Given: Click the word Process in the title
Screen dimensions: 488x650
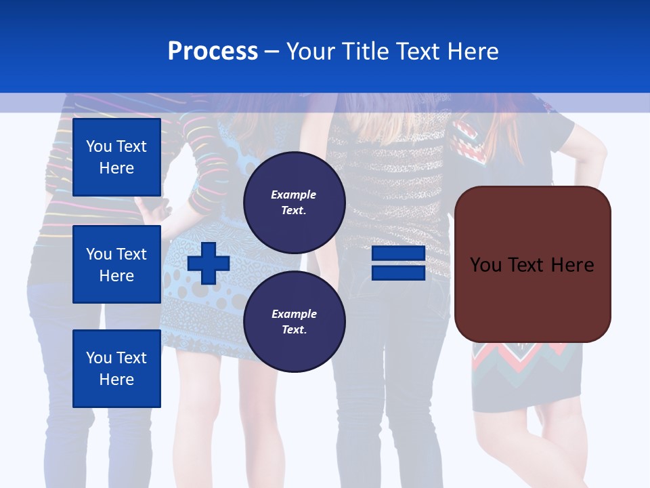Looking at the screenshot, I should [213, 52].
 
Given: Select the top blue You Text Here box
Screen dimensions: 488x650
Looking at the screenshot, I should [116, 157].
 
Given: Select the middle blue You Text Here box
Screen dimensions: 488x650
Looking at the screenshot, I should [116, 264].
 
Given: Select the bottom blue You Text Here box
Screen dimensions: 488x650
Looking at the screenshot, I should [116, 369].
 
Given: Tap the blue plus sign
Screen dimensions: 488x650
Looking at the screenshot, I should [209, 263].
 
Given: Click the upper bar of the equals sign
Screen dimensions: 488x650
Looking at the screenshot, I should [398, 253].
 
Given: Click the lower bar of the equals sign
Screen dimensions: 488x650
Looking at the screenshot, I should [398, 272].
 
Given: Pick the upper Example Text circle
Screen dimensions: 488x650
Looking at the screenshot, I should [294, 202].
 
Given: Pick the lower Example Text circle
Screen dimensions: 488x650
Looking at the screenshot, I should [294, 321].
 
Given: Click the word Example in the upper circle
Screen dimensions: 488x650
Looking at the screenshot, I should [294, 195].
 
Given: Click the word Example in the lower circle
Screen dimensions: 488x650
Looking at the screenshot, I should [294, 314].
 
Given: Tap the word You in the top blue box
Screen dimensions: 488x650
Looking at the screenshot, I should [99, 146].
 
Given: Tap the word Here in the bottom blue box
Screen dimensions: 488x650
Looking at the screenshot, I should [116, 380].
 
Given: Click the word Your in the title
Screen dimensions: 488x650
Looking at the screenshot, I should [310, 52].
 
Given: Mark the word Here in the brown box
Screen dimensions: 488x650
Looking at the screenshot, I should [573, 265].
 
